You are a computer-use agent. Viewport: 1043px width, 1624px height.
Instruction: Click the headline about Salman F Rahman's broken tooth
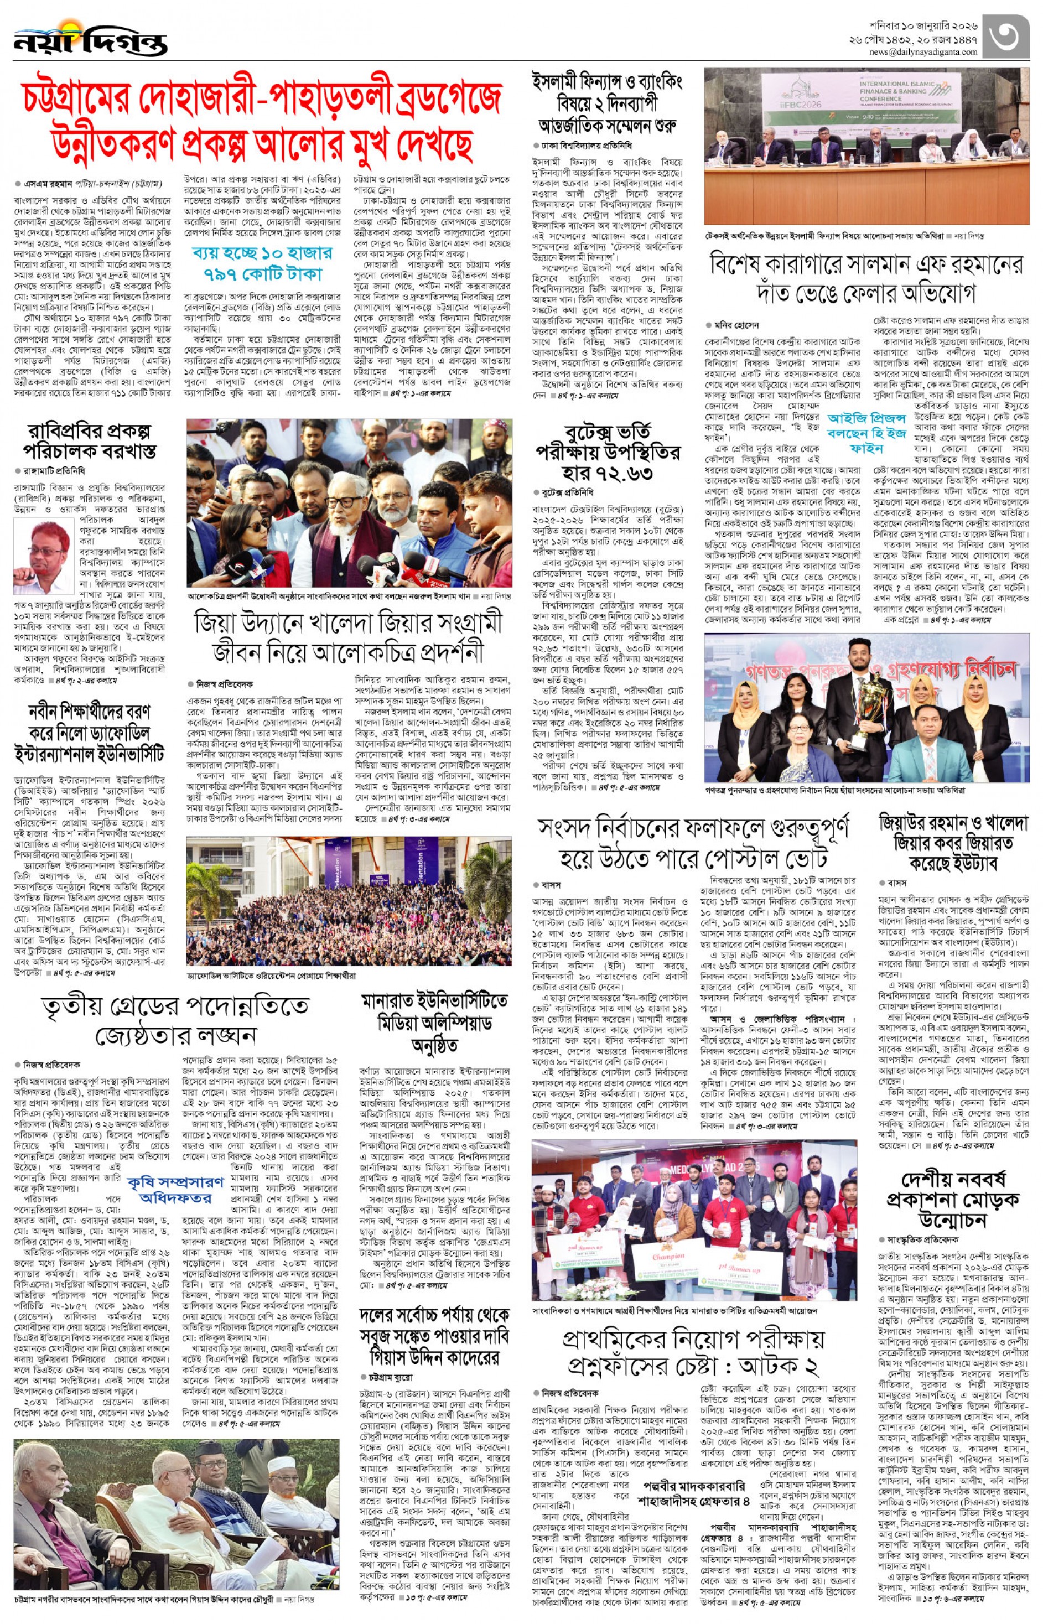coord(866,278)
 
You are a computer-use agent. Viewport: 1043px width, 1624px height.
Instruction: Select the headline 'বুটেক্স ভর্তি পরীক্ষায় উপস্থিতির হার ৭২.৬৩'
coord(607,453)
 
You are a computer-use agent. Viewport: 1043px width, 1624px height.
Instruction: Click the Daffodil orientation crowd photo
coord(348,901)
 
